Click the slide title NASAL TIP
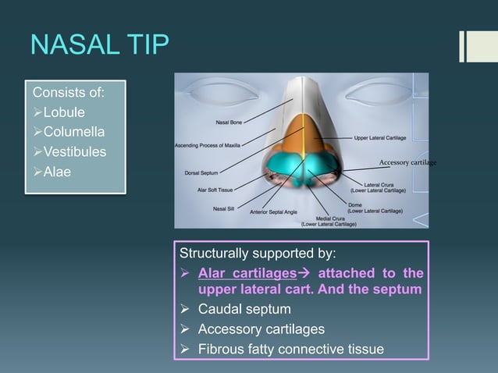tap(99, 44)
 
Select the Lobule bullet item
tap(64, 113)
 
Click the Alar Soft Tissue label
tap(213, 188)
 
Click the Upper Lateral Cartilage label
tap(379, 137)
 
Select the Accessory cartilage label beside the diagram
tap(407, 162)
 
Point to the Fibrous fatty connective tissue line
tap(290, 348)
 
